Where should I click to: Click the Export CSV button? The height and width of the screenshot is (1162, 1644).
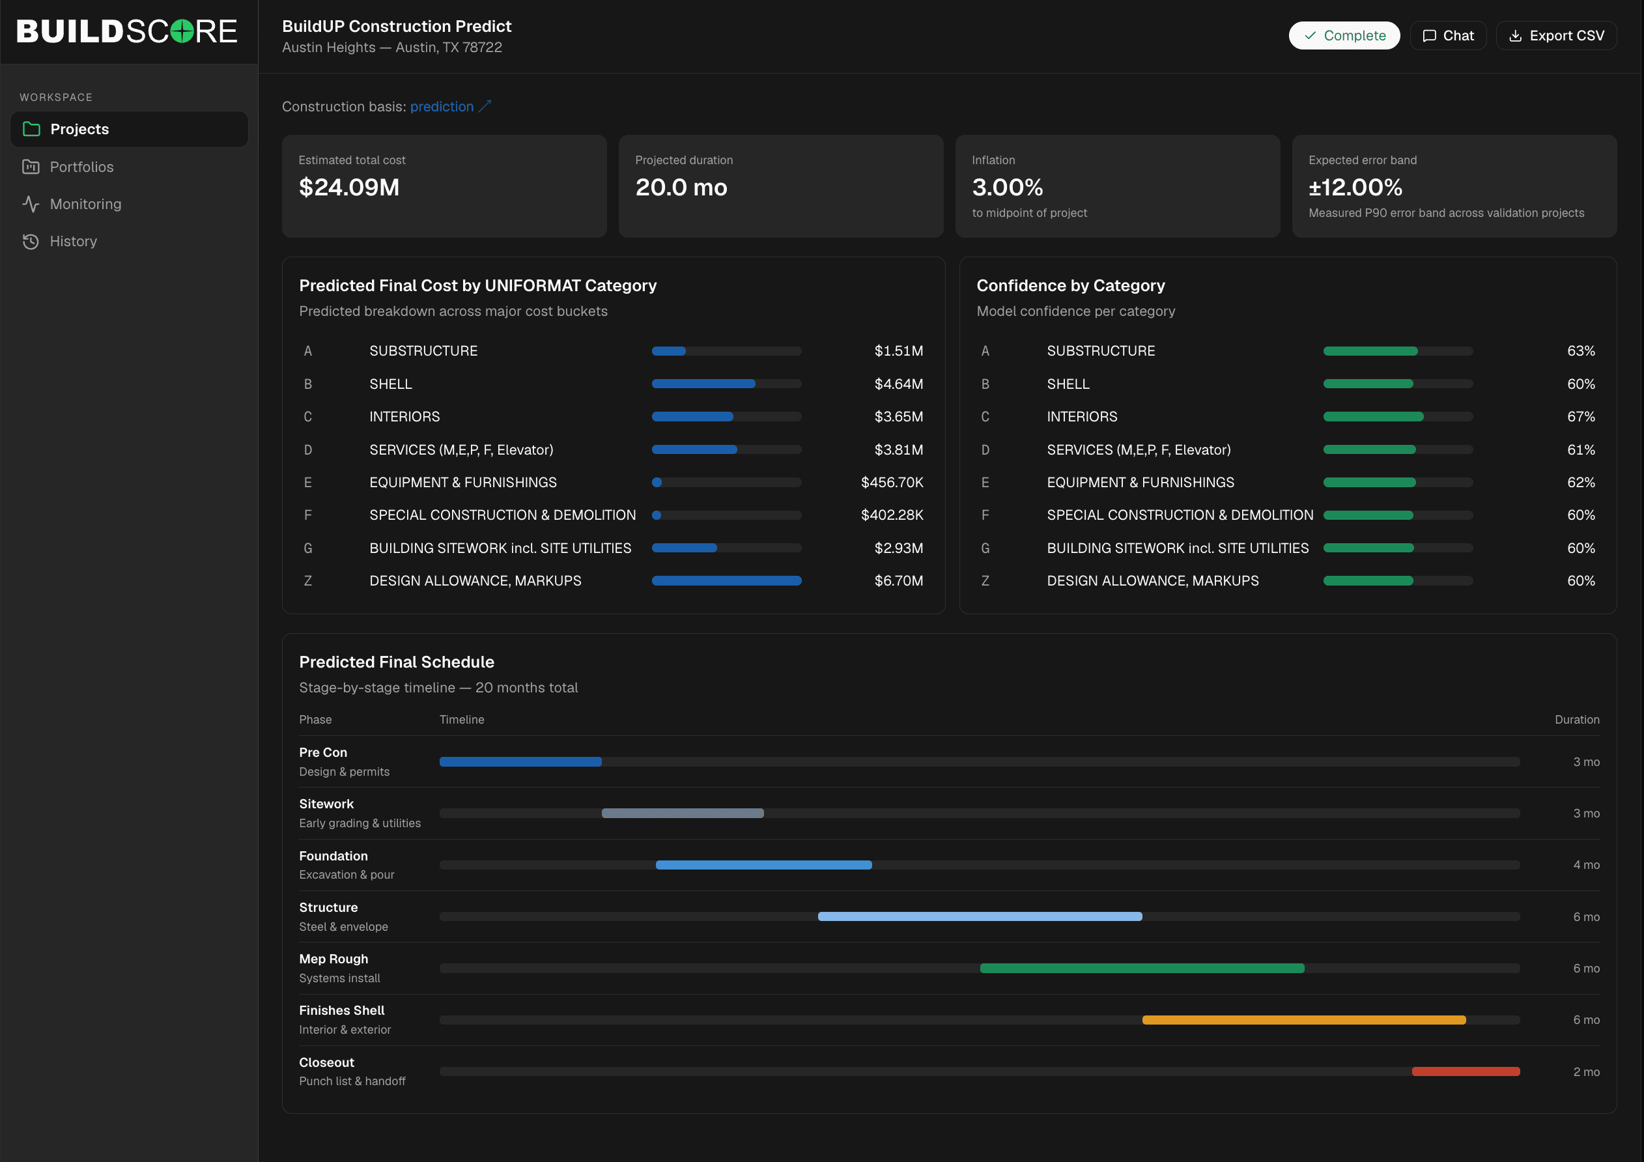pyautogui.click(x=1556, y=36)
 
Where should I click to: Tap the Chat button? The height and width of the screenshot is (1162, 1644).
pyautogui.click(x=1448, y=36)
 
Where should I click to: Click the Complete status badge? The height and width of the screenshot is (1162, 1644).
pyautogui.click(x=1344, y=36)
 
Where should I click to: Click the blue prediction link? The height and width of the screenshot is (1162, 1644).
pyautogui.click(x=442, y=107)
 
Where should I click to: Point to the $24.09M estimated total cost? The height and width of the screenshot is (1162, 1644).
pyautogui.click(x=348, y=187)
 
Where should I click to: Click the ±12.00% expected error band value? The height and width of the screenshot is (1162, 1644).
pyautogui.click(x=1355, y=187)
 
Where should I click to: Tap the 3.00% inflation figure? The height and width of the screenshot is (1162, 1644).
pyautogui.click(x=1008, y=187)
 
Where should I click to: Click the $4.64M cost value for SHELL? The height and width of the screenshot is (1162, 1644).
pyautogui.click(x=899, y=384)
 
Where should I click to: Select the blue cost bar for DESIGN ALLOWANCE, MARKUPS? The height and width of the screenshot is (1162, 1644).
pyautogui.click(x=726, y=580)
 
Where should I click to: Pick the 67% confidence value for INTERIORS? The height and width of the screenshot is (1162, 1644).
pyautogui.click(x=1581, y=417)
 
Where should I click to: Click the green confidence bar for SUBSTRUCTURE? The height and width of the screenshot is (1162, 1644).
pyautogui.click(x=1370, y=351)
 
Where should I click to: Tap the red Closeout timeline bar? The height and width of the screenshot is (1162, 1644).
pyautogui.click(x=1466, y=1072)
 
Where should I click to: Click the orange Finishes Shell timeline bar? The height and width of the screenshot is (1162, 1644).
pyautogui.click(x=1304, y=1019)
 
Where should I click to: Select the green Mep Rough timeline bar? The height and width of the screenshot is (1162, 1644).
pyautogui.click(x=1142, y=968)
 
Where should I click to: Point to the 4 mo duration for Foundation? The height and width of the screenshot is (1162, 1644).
pyautogui.click(x=1586, y=865)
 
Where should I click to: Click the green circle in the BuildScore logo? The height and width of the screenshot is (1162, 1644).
pyautogui.click(x=182, y=31)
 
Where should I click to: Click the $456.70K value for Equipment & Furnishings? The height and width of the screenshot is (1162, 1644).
pyautogui.click(x=892, y=483)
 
